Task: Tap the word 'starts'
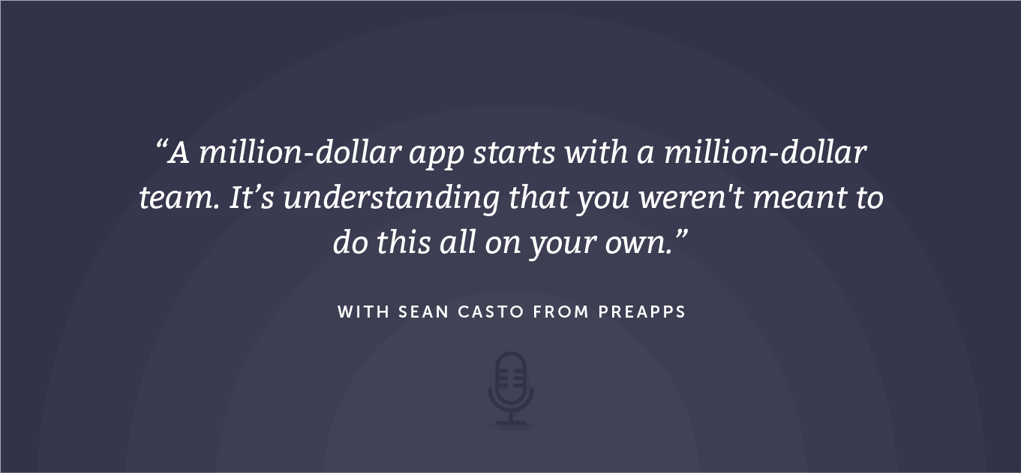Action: pyautogui.click(x=514, y=152)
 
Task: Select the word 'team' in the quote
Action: pyautogui.click(x=178, y=198)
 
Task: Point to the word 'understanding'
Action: pyautogui.click(x=392, y=200)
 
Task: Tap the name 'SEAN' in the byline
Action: pyautogui.click(x=424, y=312)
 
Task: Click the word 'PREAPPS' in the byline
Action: pyautogui.click(x=641, y=312)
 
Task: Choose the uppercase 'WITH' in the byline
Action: pyautogui.click(x=364, y=312)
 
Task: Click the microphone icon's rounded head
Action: pyautogui.click(x=511, y=378)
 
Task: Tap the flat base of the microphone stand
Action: pyautogui.click(x=511, y=423)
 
